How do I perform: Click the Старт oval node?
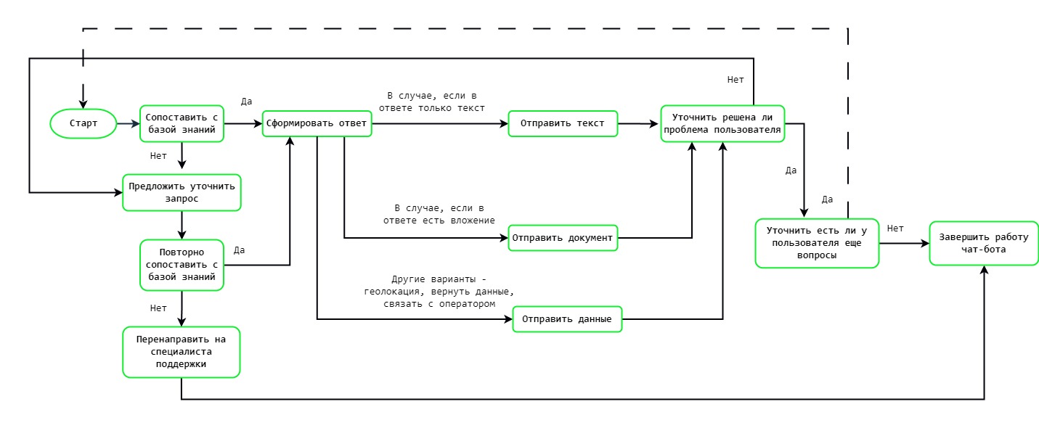pyautogui.click(x=83, y=123)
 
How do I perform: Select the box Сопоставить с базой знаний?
pyautogui.click(x=182, y=123)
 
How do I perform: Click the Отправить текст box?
pyautogui.click(x=563, y=123)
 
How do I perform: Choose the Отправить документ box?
pyautogui.click(x=563, y=237)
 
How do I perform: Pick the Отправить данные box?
pyautogui.click(x=567, y=319)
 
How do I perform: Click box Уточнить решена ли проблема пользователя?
pyautogui.click(x=722, y=123)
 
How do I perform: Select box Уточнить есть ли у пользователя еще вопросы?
pyautogui.click(x=817, y=243)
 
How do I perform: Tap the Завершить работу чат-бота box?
pyautogui.click(x=984, y=243)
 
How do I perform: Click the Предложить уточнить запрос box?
pyautogui.click(x=182, y=192)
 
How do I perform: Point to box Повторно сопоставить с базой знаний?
pyautogui.click(x=182, y=265)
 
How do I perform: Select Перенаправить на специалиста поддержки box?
pyautogui.click(x=182, y=352)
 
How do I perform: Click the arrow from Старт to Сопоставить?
pyautogui.click(x=129, y=124)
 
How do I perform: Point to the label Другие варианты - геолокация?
pyautogui.click(x=439, y=292)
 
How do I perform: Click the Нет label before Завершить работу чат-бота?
pyautogui.click(x=895, y=229)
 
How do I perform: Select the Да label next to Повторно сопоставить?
pyautogui.click(x=238, y=250)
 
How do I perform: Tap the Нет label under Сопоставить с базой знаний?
pyautogui.click(x=158, y=155)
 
